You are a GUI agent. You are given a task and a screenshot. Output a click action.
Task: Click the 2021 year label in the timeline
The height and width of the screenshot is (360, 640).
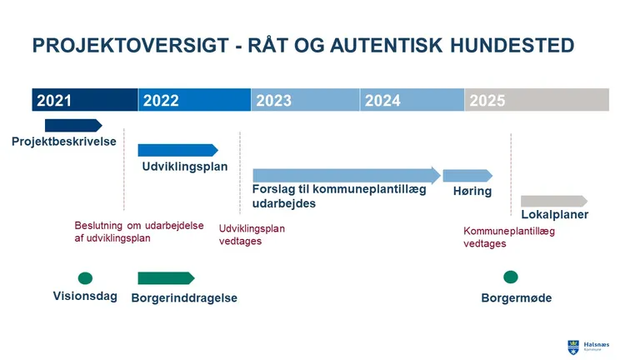click(x=54, y=101)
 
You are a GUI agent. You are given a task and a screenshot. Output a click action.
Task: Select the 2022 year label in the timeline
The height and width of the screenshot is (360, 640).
click(x=161, y=101)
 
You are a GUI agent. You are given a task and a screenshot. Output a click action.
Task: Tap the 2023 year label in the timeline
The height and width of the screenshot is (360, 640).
click(x=273, y=101)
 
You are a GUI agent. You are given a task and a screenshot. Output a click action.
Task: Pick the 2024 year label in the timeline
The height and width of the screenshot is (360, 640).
click(x=382, y=101)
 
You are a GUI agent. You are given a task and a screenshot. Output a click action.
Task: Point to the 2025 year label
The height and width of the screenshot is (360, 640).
click(x=487, y=101)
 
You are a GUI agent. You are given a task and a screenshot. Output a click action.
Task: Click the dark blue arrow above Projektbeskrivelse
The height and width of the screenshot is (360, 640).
click(x=72, y=125)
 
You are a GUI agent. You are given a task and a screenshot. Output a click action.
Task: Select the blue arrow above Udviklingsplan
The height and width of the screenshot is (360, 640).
click(x=177, y=150)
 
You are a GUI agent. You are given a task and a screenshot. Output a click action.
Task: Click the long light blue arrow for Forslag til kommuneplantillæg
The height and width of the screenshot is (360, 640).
click(x=346, y=175)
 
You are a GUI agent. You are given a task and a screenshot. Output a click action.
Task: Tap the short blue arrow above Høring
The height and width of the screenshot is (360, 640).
click(x=467, y=175)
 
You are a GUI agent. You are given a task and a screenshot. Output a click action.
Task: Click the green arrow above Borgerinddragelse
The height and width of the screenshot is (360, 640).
click(x=166, y=277)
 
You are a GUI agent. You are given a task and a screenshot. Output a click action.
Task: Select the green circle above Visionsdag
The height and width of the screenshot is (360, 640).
click(x=85, y=277)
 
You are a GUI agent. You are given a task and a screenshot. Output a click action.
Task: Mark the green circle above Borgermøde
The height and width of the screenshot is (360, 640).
click(x=511, y=277)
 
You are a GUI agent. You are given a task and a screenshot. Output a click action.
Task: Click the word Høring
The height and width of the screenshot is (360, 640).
click(x=472, y=191)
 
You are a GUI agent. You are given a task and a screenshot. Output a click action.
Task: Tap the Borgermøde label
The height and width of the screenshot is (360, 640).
click(x=517, y=297)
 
